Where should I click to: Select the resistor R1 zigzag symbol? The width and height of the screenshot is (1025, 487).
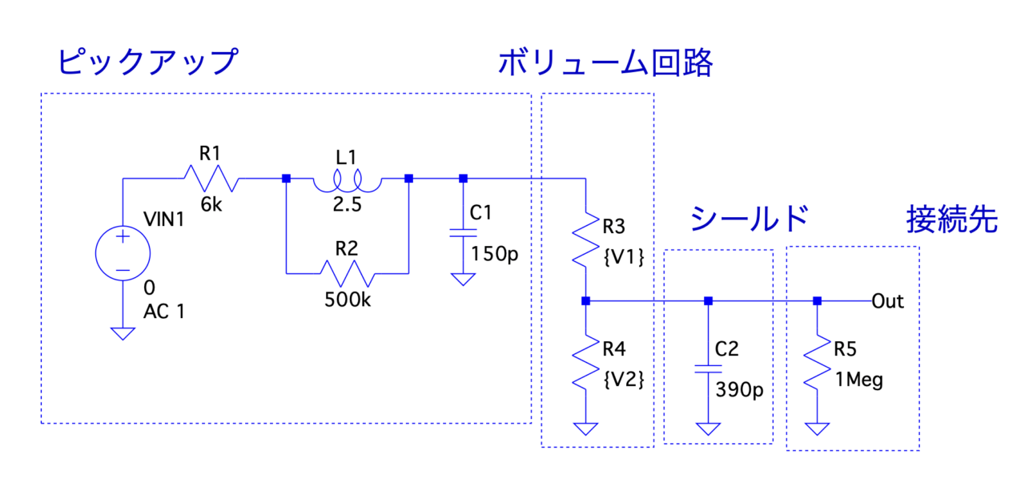[x=211, y=178]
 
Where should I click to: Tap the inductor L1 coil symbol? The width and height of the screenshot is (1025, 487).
[x=348, y=183]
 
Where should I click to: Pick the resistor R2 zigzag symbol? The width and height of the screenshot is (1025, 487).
[x=347, y=272]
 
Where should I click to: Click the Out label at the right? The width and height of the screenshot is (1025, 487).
[x=887, y=301]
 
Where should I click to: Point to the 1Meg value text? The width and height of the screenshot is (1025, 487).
[x=858, y=380]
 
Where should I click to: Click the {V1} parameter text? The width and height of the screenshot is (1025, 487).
[x=623, y=260]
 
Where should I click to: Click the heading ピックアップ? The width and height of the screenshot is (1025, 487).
[x=148, y=62]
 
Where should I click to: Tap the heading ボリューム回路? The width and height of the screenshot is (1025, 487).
[x=605, y=62]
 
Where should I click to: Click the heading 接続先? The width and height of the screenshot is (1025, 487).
[x=952, y=219]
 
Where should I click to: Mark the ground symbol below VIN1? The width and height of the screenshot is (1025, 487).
[x=123, y=332]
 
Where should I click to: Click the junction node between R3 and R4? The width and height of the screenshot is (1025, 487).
[x=587, y=301]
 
